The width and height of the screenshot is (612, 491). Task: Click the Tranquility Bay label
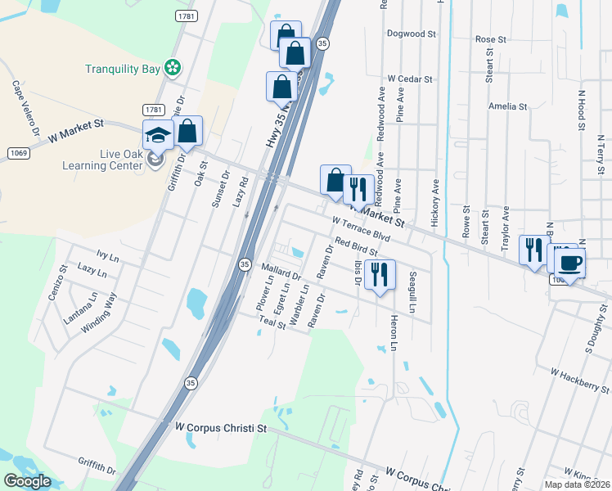pos(123,69)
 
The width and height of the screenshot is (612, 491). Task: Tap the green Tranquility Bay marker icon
pos(173,68)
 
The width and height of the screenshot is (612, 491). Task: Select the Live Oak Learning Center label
pos(97,160)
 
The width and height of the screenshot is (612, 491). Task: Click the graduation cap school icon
pos(158,135)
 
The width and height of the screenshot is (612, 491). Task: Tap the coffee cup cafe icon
pos(569,263)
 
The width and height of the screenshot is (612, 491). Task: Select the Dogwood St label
pos(412,34)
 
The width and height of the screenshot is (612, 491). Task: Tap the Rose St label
pos(491,39)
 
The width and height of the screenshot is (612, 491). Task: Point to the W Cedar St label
pos(410,79)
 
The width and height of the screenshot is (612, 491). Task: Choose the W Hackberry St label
pos(580,381)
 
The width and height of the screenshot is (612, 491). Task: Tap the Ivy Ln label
pos(107,257)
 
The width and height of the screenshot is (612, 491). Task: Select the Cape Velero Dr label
pos(25,107)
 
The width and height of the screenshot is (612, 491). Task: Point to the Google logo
pos(28,481)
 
